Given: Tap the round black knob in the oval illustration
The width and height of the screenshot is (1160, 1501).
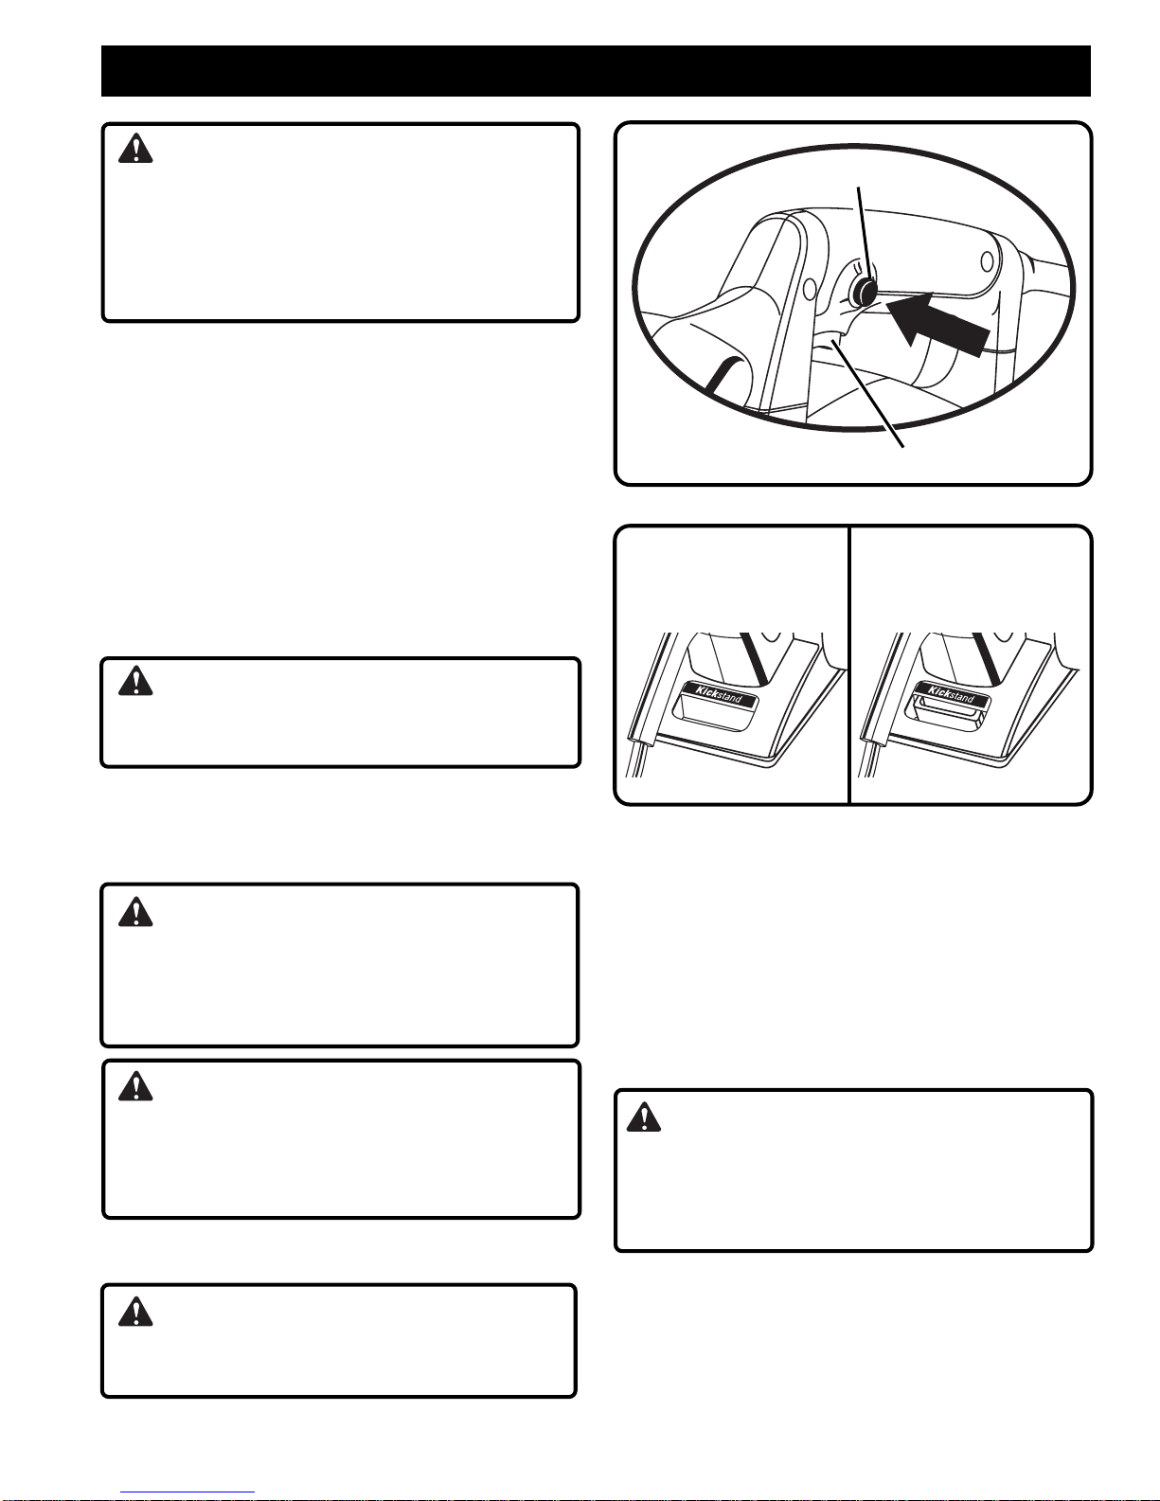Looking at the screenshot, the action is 863,292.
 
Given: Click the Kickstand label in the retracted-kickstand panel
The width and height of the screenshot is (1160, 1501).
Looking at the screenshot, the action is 719,693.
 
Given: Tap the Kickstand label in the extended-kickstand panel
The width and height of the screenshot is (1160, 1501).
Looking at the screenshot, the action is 951,693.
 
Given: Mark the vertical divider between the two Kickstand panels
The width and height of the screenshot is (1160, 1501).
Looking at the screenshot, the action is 848,665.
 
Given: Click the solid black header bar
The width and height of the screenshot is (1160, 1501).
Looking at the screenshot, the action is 596,71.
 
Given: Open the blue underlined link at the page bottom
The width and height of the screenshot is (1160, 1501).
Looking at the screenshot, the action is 187,1492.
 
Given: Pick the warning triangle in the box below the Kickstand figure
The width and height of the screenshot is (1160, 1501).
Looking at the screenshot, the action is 644,1117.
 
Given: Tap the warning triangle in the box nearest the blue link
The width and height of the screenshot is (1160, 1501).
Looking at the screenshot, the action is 135,1311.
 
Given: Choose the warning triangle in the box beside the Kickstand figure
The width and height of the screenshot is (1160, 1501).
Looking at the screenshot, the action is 135,680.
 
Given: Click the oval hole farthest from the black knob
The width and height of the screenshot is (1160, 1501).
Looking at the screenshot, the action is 988,261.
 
